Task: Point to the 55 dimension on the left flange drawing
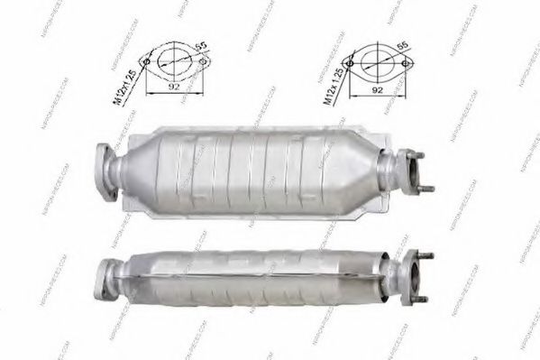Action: [x=200, y=44]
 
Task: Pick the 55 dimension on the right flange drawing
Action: [x=403, y=44]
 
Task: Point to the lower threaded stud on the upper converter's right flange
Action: [x=426, y=189]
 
